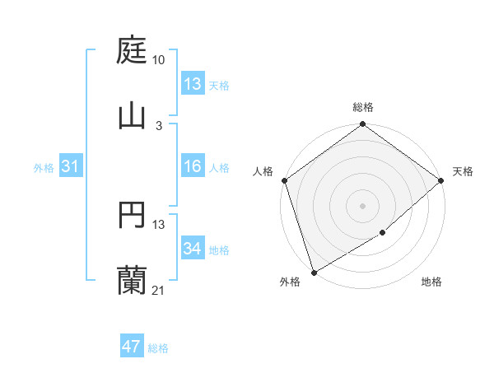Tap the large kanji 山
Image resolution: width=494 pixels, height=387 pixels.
132,115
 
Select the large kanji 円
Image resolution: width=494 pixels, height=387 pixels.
132,217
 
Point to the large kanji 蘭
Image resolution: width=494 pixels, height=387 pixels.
132,281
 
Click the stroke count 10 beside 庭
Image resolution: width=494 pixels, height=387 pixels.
159,60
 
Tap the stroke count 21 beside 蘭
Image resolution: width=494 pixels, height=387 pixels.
159,290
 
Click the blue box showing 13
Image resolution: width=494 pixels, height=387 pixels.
193,84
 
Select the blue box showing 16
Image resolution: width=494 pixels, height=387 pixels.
193,167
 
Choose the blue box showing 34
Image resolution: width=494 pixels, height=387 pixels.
193,249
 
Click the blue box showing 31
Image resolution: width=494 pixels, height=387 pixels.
71,167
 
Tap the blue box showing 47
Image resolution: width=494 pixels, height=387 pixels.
132,347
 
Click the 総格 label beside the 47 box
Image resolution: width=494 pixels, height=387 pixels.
158,348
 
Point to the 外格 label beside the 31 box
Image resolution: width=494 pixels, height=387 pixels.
44,168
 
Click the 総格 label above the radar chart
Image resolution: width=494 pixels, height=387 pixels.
363,107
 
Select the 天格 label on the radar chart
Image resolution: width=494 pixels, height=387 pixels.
463,171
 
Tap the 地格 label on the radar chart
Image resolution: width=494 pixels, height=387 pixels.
431,282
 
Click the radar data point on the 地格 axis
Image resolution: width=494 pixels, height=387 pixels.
383,233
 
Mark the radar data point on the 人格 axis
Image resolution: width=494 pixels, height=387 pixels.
285,180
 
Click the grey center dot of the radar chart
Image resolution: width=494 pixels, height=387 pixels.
363,205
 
